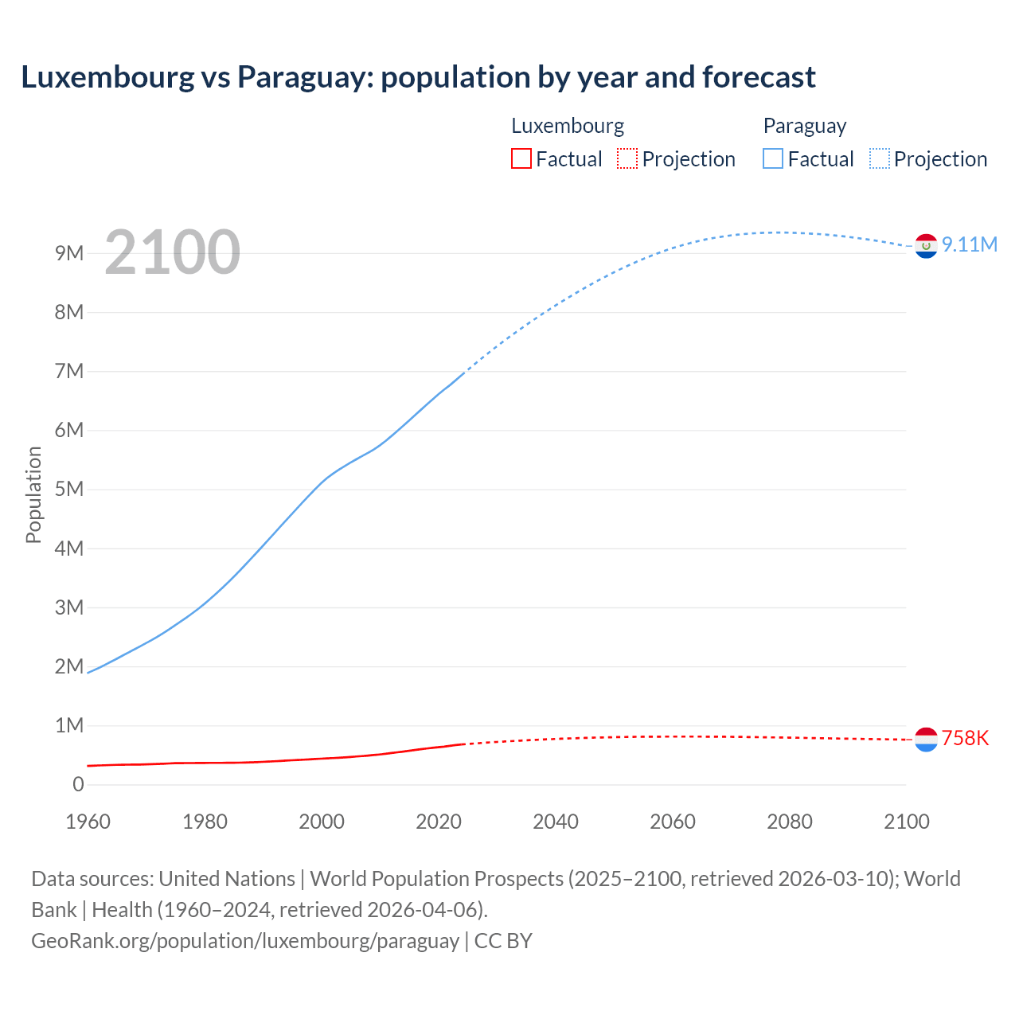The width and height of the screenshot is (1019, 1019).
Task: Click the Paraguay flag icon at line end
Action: [x=926, y=246]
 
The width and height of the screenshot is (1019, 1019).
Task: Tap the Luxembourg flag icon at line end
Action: [x=926, y=740]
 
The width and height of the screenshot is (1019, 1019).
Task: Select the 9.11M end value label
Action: [x=970, y=244]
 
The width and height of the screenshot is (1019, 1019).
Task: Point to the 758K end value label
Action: [x=965, y=738]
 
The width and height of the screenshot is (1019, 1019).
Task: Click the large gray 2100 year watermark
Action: [x=172, y=252]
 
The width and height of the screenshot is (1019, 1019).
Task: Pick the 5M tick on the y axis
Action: [x=69, y=489]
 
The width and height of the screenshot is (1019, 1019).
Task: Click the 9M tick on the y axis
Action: [x=69, y=253]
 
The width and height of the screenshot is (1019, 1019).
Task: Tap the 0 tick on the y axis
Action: [x=78, y=784]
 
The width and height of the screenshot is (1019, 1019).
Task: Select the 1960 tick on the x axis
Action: [x=88, y=822]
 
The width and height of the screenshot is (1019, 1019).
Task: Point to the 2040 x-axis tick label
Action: [x=556, y=822]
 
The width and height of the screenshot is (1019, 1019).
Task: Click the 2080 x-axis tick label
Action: [x=790, y=822]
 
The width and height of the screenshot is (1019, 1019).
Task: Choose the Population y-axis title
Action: [x=33, y=494]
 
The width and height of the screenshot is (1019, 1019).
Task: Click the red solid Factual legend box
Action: [x=521, y=158]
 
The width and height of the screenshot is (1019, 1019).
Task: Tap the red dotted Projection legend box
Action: [x=627, y=158]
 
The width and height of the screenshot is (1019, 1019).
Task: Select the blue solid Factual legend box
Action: [x=773, y=158]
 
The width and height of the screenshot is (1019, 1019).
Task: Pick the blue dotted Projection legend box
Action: [x=880, y=158]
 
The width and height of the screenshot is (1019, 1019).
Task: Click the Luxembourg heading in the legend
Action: [x=568, y=126]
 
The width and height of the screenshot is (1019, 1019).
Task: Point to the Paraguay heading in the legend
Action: [x=805, y=126]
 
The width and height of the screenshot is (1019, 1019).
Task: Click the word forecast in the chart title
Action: [x=759, y=77]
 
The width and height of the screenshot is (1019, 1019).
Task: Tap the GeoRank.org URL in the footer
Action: [x=245, y=940]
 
